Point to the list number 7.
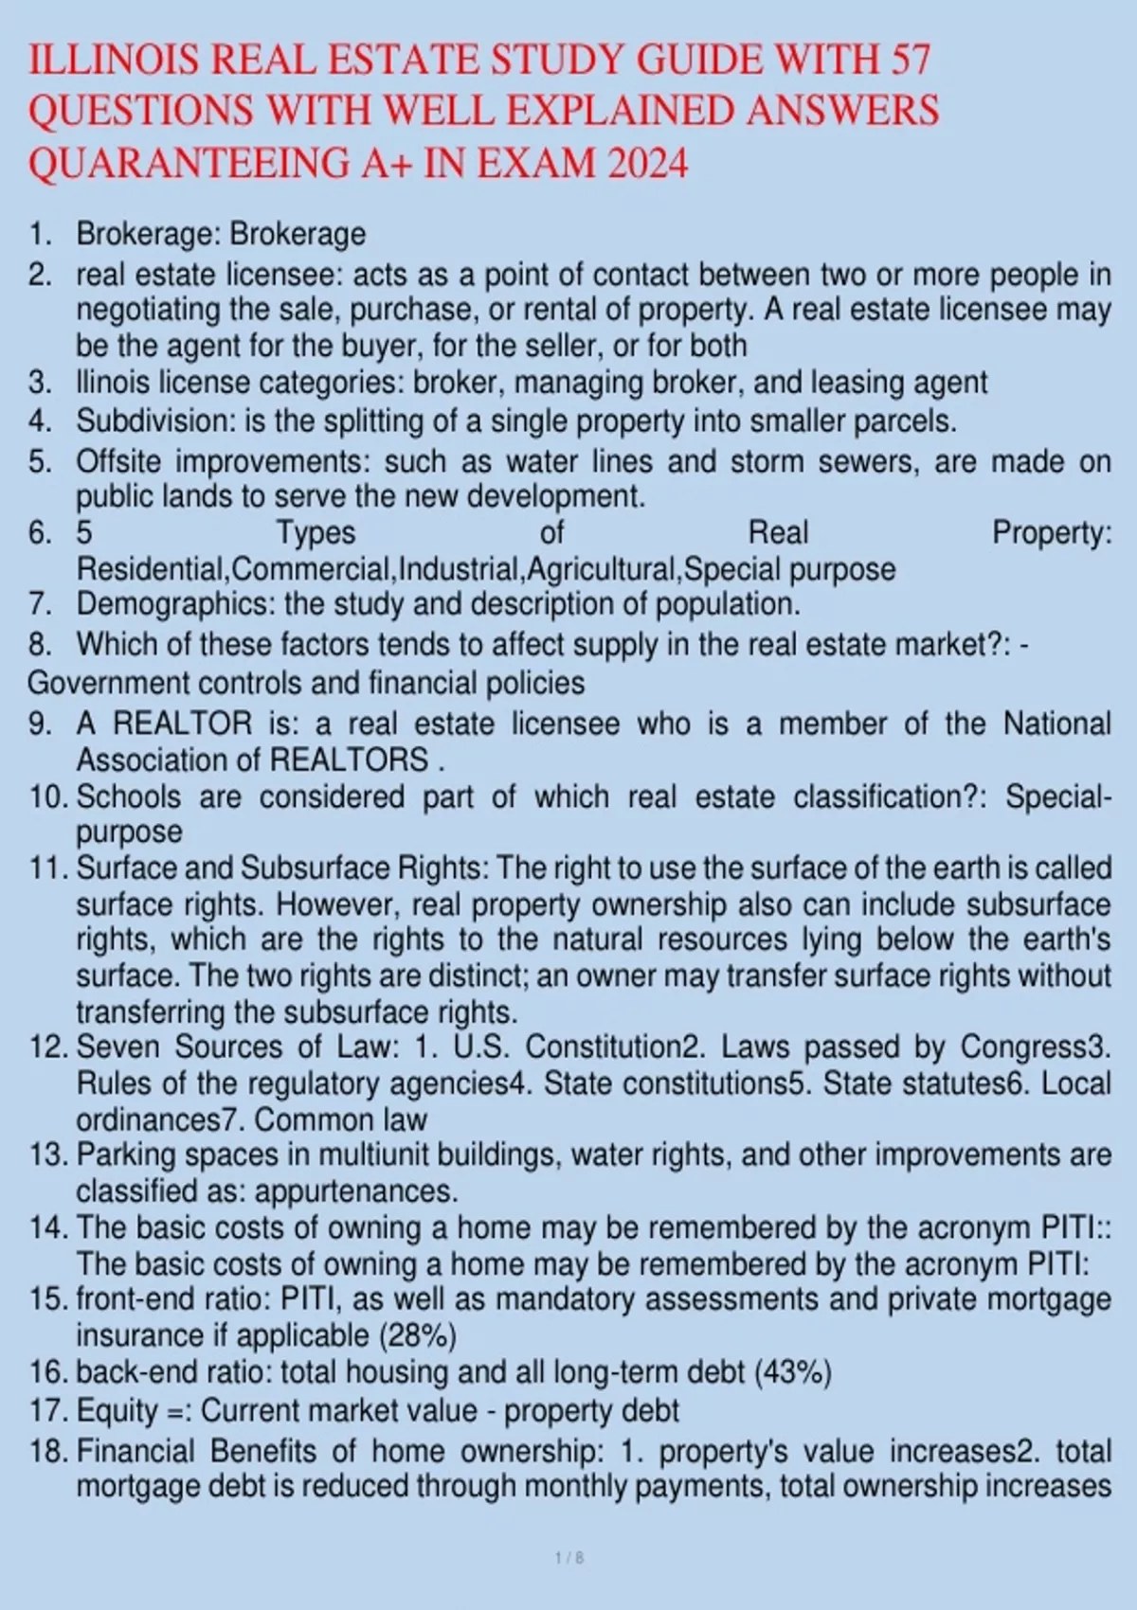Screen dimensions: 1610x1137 [x=39, y=603]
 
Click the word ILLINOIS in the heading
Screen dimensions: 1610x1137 [x=114, y=61]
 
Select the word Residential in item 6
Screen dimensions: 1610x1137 [x=151, y=569]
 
